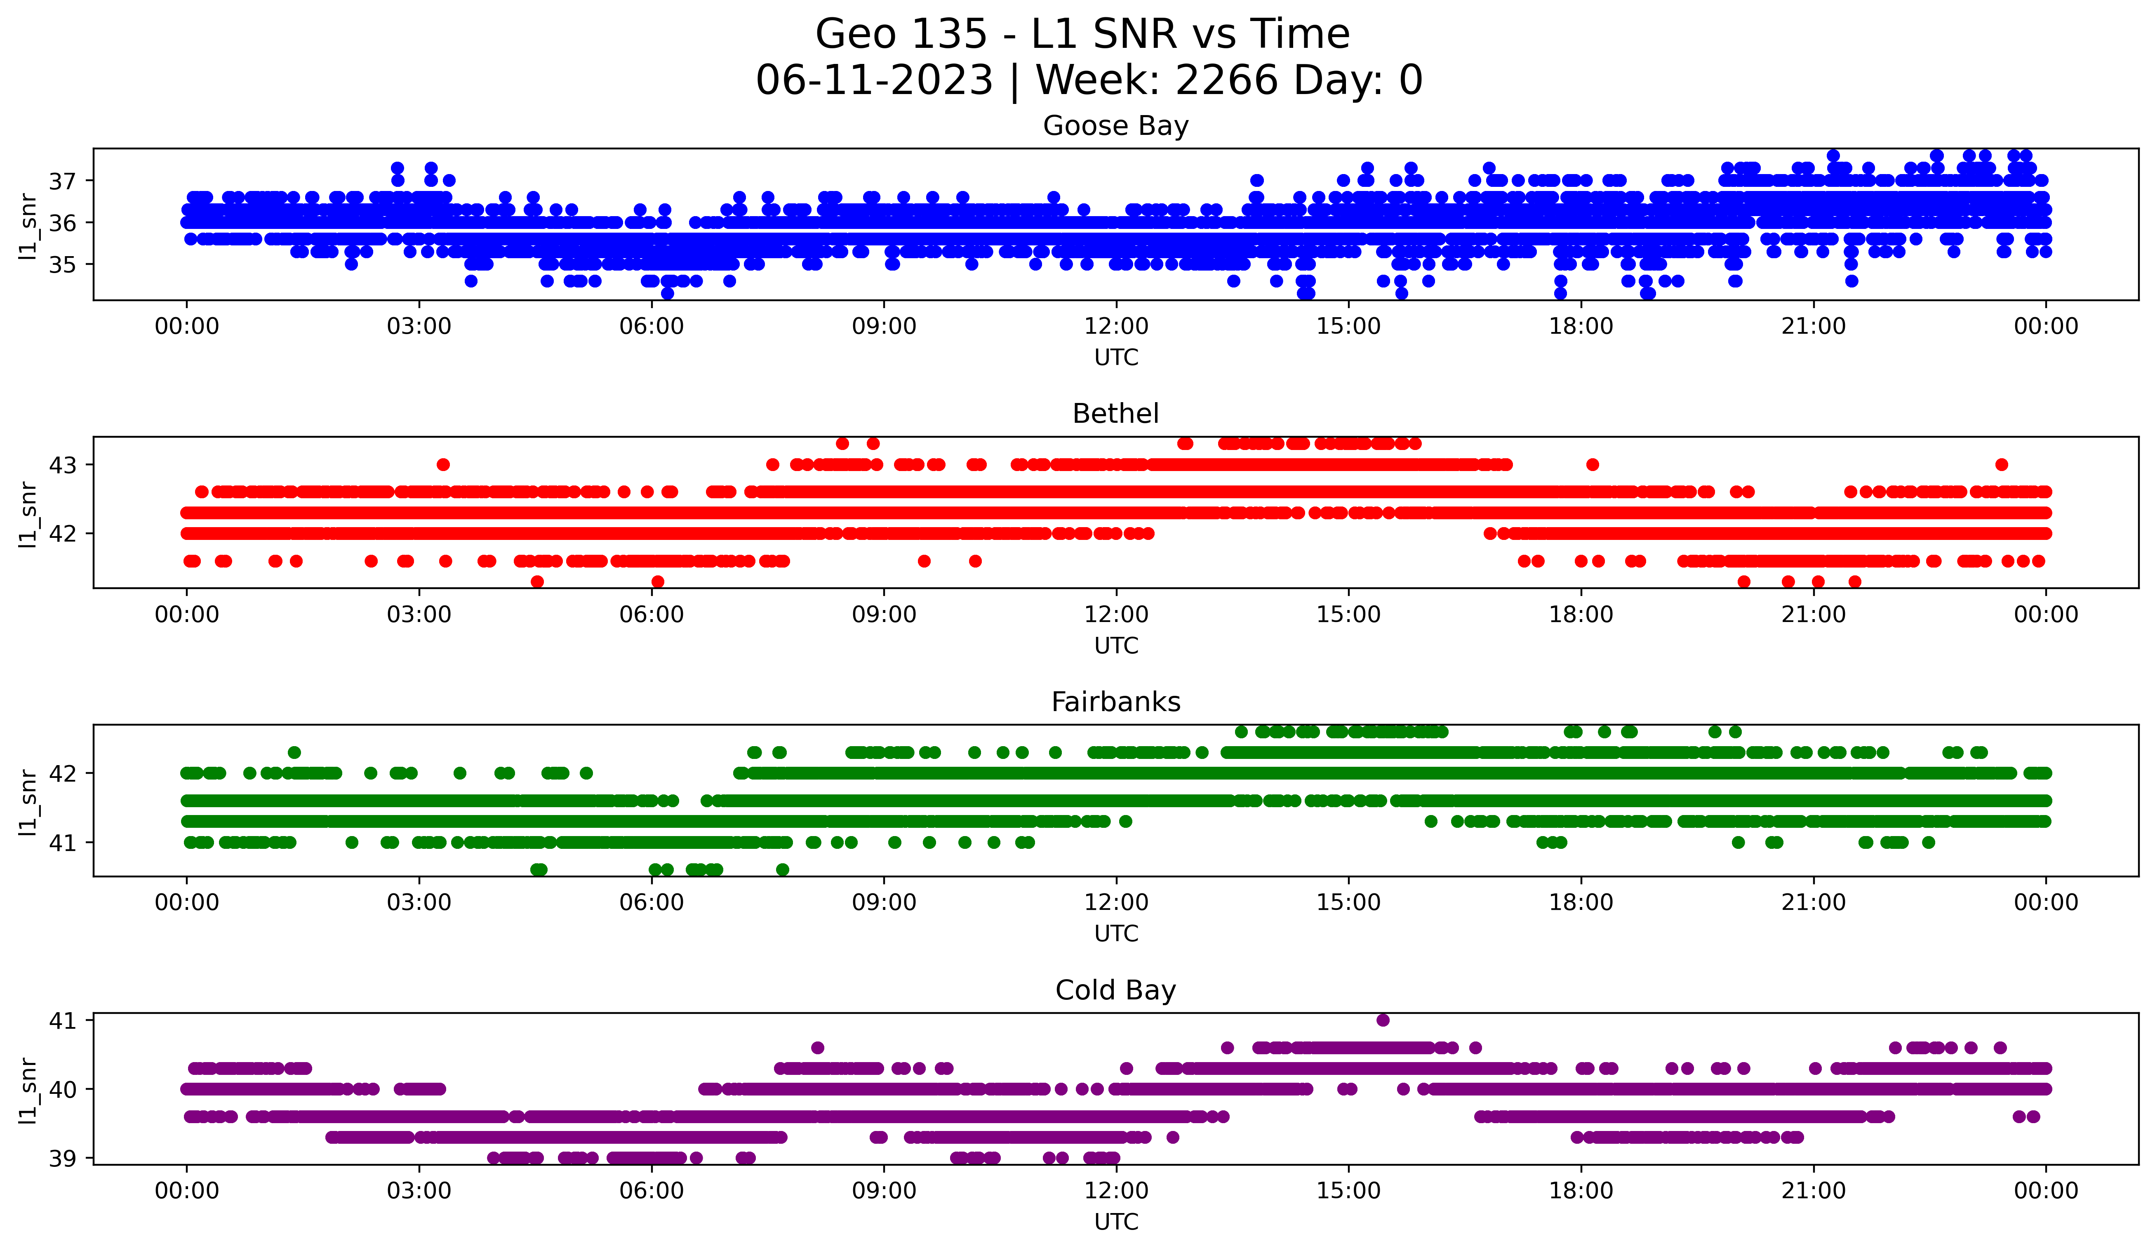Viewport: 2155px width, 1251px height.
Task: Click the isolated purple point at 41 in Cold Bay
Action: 1383,1020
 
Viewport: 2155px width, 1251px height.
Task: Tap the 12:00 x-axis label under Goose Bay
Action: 1116,327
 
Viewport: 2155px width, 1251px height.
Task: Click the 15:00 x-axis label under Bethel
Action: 1348,615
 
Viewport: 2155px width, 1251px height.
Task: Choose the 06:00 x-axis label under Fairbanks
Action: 652,903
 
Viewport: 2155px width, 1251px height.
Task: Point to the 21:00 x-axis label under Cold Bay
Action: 1813,1191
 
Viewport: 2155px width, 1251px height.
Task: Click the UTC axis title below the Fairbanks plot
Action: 1116,934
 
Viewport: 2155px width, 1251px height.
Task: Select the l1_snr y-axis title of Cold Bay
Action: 28,1090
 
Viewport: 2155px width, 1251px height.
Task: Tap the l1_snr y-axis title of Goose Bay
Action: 28,226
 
